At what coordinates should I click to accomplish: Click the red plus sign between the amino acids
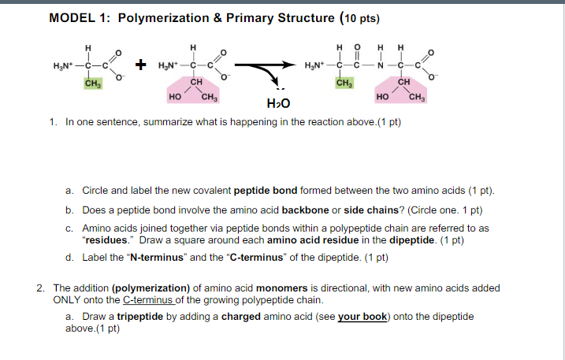tap(140, 65)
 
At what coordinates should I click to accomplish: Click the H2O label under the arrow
tap(278, 104)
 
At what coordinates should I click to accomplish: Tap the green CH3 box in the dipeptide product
tap(344, 83)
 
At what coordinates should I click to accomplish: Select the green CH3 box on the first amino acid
tap(93, 84)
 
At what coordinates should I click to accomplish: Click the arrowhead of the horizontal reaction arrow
tap(289, 65)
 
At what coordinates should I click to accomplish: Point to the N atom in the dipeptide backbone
tap(381, 65)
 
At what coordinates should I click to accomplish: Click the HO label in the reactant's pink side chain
tap(175, 97)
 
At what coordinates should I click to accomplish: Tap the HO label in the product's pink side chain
tap(382, 97)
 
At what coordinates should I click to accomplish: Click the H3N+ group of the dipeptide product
tap(314, 65)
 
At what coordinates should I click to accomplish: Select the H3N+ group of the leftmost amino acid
tap(63, 66)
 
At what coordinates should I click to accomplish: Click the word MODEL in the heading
tap(72, 18)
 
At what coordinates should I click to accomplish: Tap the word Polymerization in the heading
tap(164, 18)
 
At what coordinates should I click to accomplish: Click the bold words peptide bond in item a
tap(266, 191)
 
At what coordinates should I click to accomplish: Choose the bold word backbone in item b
tap(305, 210)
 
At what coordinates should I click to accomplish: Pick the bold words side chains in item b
tap(371, 210)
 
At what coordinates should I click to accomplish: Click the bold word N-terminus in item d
tap(157, 258)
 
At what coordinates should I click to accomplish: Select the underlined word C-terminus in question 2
tap(147, 300)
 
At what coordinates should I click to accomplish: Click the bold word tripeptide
tap(140, 317)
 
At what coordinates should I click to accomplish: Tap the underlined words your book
tap(362, 317)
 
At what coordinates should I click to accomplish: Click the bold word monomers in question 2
tap(282, 288)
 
